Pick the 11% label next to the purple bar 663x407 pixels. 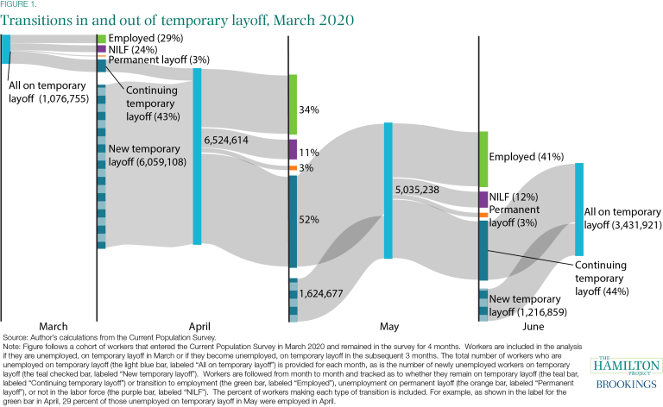coord(310,153)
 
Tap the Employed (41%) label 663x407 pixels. coord(526,158)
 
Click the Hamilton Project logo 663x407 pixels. coord(624,366)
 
